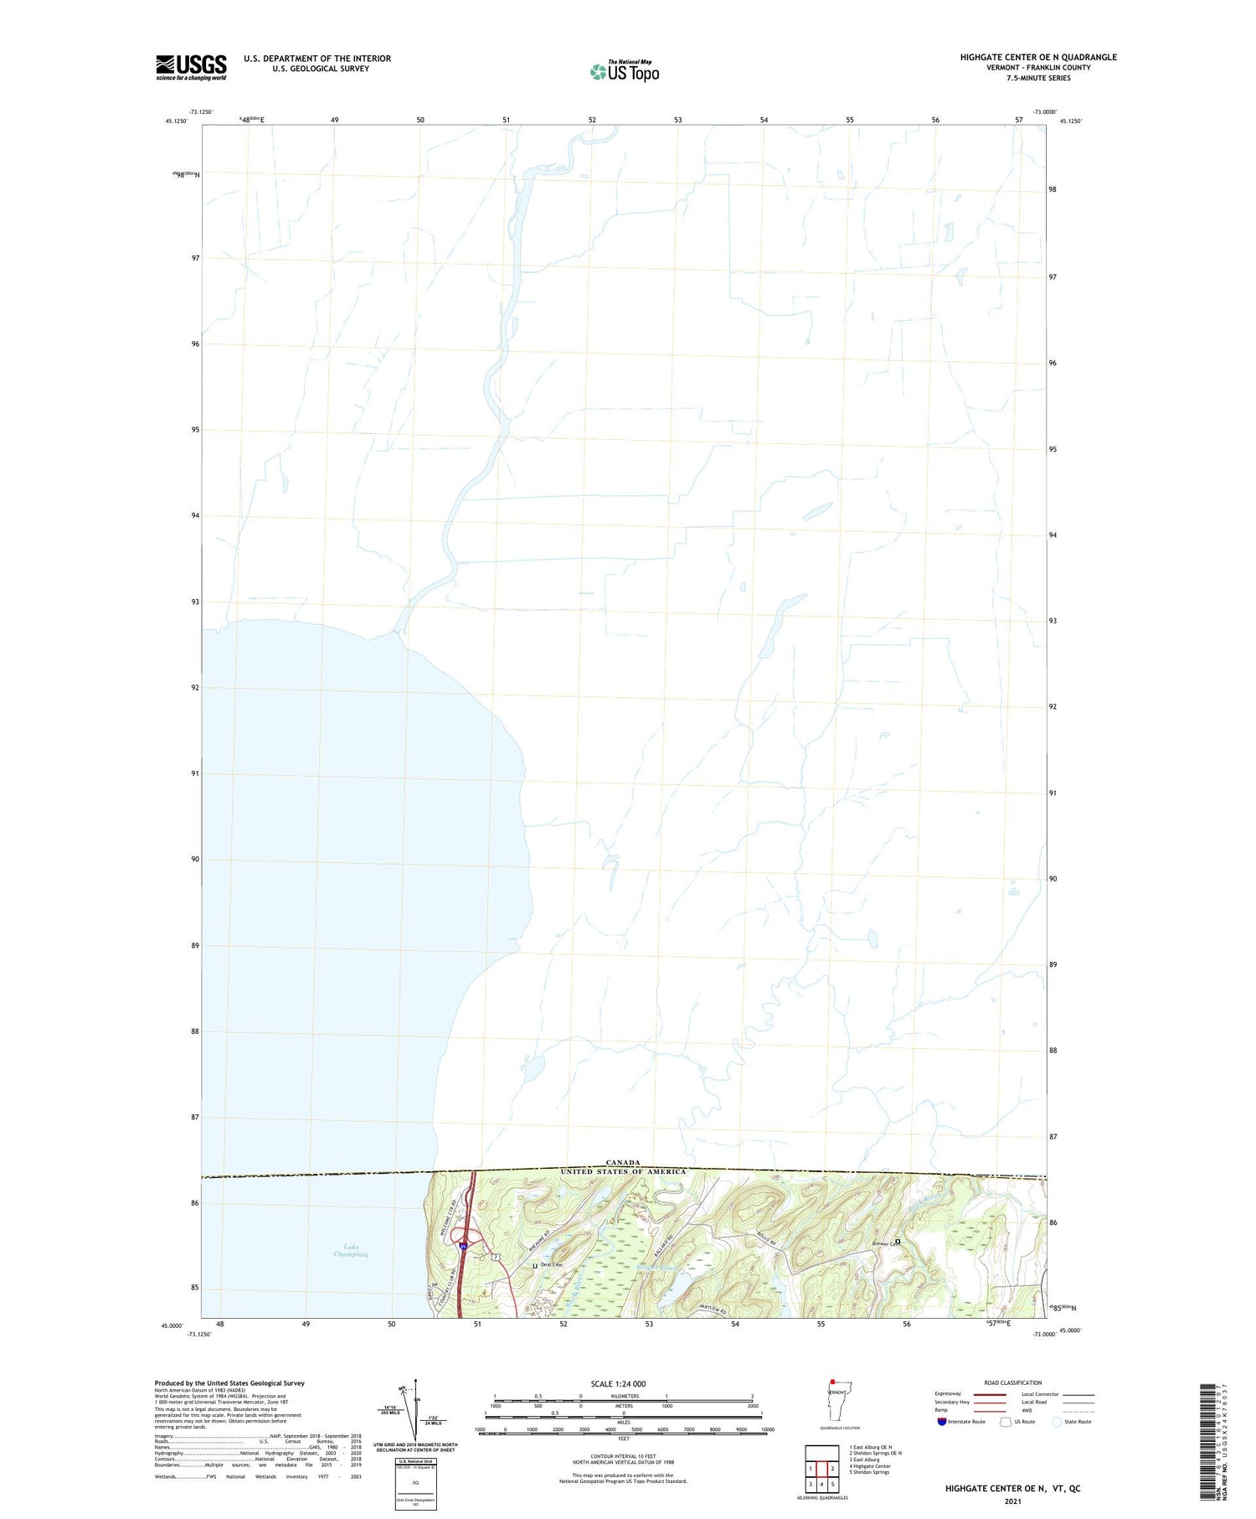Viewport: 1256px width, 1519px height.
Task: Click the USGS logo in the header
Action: tap(191, 67)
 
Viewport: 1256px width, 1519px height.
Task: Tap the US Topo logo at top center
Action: tap(625, 71)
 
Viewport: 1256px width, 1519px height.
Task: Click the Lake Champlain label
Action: tap(351, 1251)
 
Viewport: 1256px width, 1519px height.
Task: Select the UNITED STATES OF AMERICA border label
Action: tap(623, 1171)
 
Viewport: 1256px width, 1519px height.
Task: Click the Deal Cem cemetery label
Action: tap(551, 1264)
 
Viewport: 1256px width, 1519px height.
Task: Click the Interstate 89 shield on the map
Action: tap(462, 1248)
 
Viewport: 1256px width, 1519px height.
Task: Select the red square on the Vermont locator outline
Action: tap(832, 1382)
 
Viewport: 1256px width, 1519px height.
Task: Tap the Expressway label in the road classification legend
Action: tap(949, 1394)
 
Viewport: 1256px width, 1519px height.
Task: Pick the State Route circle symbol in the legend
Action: tap(1057, 1422)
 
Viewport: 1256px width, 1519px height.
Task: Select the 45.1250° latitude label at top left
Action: tap(177, 121)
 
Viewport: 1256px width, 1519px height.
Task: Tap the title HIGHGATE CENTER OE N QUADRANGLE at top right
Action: tap(1038, 57)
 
